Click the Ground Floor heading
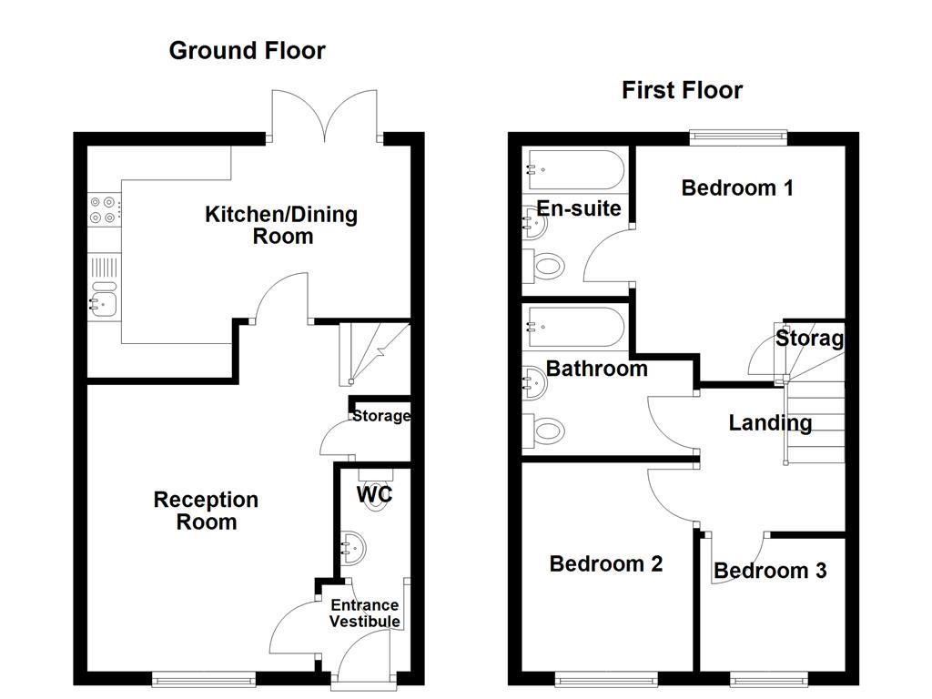point(247,50)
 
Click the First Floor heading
point(682,90)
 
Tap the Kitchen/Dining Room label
point(281,225)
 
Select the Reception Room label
point(206,511)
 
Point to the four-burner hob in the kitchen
point(103,209)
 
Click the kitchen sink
point(104,299)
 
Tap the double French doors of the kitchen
point(325,116)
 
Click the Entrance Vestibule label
point(364,613)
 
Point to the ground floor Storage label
point(381,416)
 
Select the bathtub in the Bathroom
point(573,328)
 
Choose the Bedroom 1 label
point(737,187)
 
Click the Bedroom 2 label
point(605,563)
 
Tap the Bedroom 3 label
point(770,571)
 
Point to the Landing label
point(770,422)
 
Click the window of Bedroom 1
point(737,137)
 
